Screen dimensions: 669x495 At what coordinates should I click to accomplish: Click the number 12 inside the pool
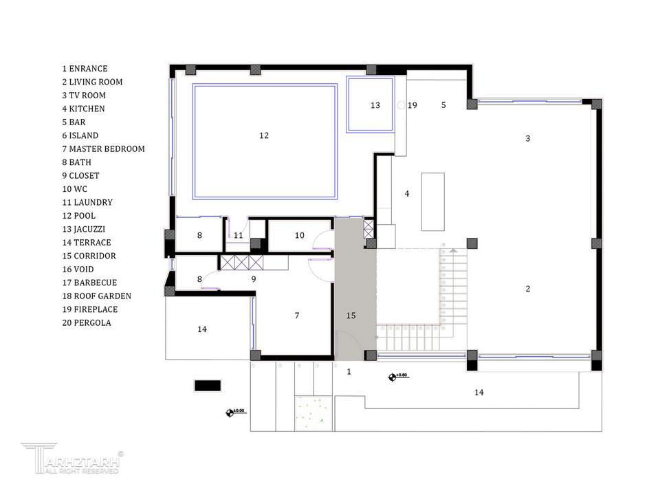[263, 135]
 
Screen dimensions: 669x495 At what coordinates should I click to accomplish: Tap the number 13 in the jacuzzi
[375, 105]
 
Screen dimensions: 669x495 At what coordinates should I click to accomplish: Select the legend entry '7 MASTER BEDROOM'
[103, 149]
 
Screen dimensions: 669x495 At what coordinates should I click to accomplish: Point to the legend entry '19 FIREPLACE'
[89, 309]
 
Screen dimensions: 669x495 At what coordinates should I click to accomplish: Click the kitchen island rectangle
[433, 202]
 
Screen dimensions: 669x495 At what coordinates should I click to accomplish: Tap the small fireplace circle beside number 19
[401, 105]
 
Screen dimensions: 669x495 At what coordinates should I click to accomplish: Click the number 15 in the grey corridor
[351, 316]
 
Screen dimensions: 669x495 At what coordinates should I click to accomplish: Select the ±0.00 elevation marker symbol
[230, 412]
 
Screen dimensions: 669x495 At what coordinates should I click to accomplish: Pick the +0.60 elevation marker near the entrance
[392, 377]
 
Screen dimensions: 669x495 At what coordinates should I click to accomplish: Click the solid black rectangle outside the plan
[208, 386]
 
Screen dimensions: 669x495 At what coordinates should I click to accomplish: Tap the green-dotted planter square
[314, 413]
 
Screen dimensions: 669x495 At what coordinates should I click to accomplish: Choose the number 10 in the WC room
[300, 236]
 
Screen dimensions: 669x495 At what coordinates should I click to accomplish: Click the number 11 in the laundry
[238, 236]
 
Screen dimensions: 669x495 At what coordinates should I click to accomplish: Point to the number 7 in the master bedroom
[296, 316]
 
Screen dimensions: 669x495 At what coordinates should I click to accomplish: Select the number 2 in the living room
[528, 289]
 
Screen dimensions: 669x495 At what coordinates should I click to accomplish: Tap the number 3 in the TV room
[528, 138]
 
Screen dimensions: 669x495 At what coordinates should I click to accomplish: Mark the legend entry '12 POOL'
[78, 216]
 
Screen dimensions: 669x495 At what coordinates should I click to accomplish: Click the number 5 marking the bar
[443, 105]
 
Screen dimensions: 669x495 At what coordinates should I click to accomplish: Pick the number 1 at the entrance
[349, 372]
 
